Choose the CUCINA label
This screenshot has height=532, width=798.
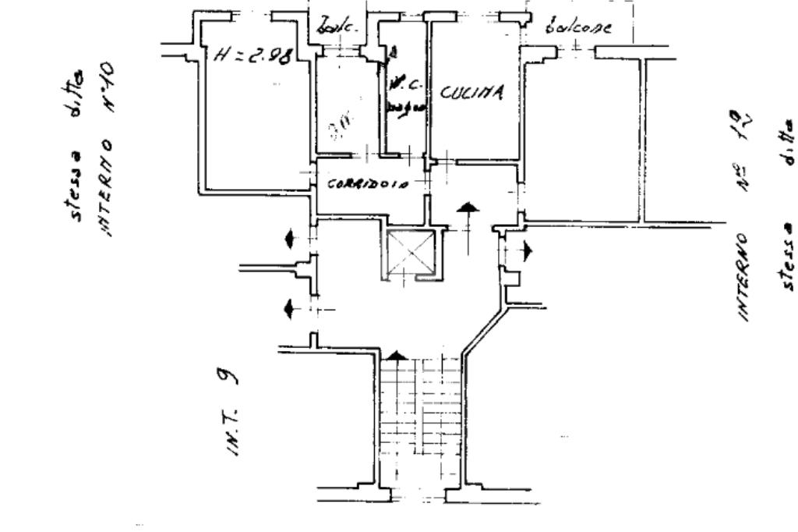pos(472,92)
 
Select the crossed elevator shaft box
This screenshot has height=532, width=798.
pos(408,253)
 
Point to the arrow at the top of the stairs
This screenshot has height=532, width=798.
pos(397,356)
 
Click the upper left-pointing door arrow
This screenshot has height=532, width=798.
pos(289,239)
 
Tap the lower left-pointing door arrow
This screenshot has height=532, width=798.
pos(289,309)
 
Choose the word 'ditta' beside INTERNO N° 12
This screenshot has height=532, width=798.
pos(788,147)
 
